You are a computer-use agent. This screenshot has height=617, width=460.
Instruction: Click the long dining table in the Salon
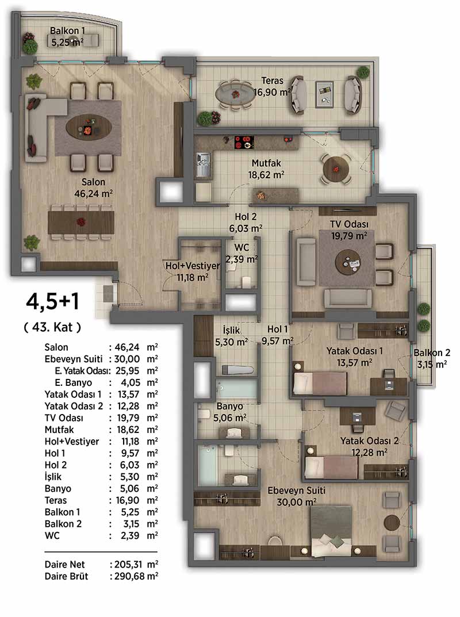81,222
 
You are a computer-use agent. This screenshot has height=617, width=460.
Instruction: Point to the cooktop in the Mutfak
244,142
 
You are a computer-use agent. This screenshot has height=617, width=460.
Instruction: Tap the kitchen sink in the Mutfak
204,164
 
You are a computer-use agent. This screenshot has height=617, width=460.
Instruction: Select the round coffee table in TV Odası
348,262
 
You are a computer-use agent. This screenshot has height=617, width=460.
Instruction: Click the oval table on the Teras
235,94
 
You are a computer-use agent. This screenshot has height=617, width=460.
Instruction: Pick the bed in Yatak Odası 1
320,383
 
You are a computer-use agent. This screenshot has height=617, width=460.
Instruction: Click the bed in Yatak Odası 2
332,467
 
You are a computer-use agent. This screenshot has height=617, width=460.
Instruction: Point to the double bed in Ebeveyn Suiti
331,531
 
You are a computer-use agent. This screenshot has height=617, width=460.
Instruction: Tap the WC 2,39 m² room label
241,253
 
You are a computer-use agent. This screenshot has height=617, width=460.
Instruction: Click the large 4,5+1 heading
53,302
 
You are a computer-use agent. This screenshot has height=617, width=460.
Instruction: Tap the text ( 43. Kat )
53,327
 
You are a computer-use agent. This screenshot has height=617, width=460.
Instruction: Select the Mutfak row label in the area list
59,430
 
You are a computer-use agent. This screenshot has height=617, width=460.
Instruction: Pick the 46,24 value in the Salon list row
127,347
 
